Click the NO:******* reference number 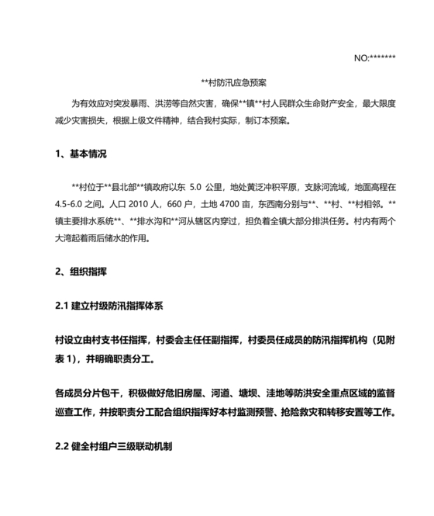point(374,57)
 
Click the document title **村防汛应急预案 point(233,82)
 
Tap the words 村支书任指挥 point(123,340)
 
